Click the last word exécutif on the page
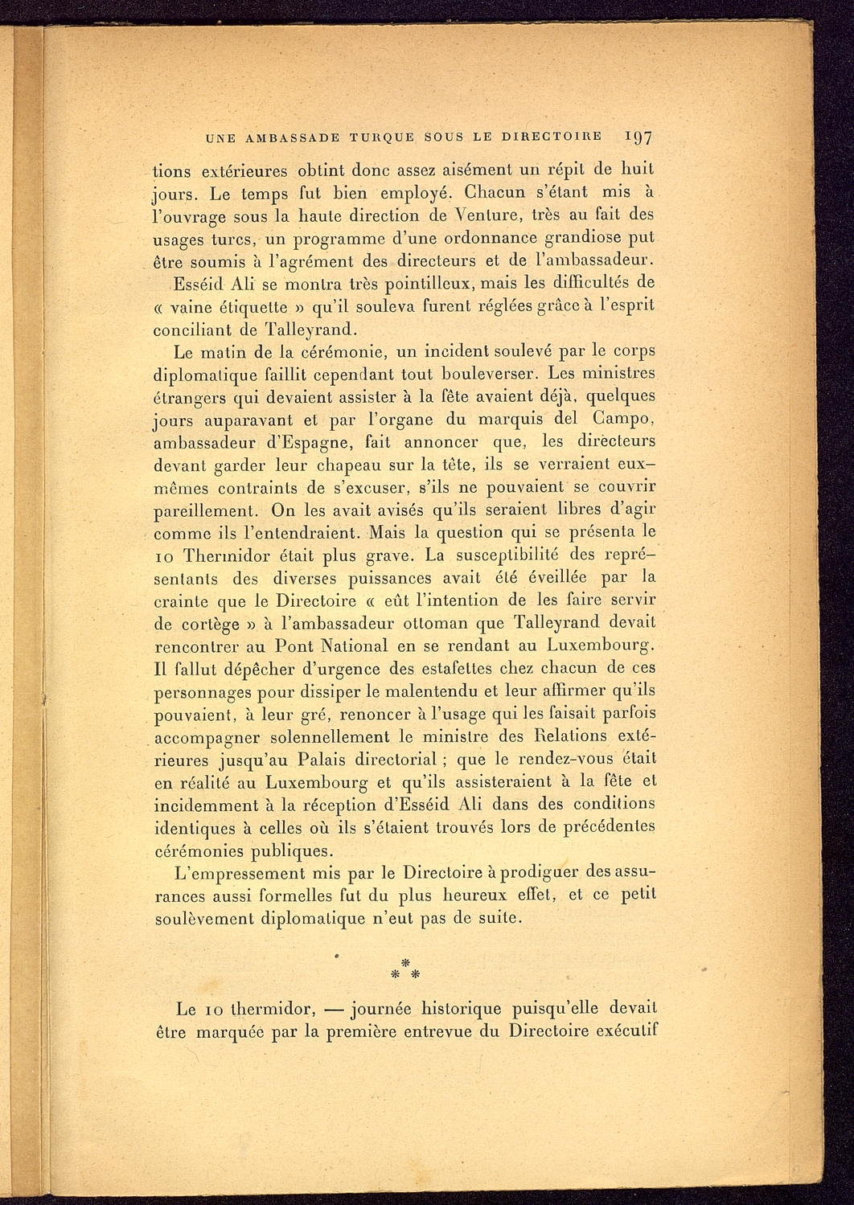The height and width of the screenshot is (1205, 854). coord(624,1031)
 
